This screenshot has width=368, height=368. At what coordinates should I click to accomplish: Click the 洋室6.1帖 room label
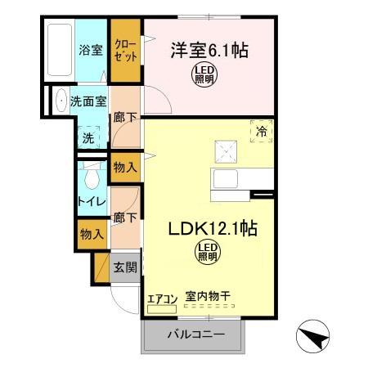209,50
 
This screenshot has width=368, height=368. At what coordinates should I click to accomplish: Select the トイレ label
89,201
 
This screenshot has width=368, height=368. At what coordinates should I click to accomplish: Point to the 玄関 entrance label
125,266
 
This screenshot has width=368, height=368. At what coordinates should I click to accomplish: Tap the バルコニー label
196,334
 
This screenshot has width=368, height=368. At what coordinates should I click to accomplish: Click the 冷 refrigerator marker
262,131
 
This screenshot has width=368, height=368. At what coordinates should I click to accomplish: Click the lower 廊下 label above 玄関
125,218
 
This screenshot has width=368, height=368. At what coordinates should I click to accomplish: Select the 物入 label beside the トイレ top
125,168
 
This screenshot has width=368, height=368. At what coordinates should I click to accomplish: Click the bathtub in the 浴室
59,51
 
